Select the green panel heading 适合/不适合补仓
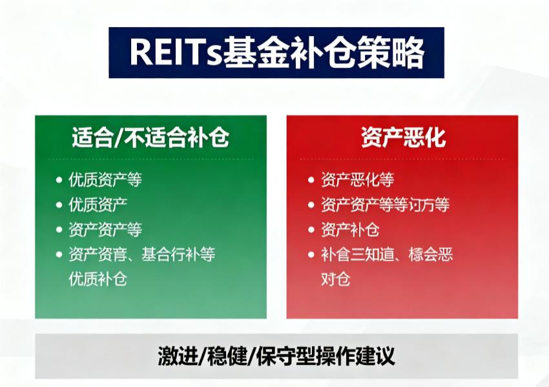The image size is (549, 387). tap(150, 137)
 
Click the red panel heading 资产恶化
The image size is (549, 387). tap(402, 137)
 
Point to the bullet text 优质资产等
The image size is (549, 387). tap(105, 180)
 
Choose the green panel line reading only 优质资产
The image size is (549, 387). tap(98, 204)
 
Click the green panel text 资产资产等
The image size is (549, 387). tap(105, 230)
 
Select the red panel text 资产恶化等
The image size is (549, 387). tap(357, 180)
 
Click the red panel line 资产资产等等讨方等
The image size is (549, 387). tap(385, 205)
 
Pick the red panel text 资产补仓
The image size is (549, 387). tap(350, 230)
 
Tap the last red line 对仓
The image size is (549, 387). tap(335, 279)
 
